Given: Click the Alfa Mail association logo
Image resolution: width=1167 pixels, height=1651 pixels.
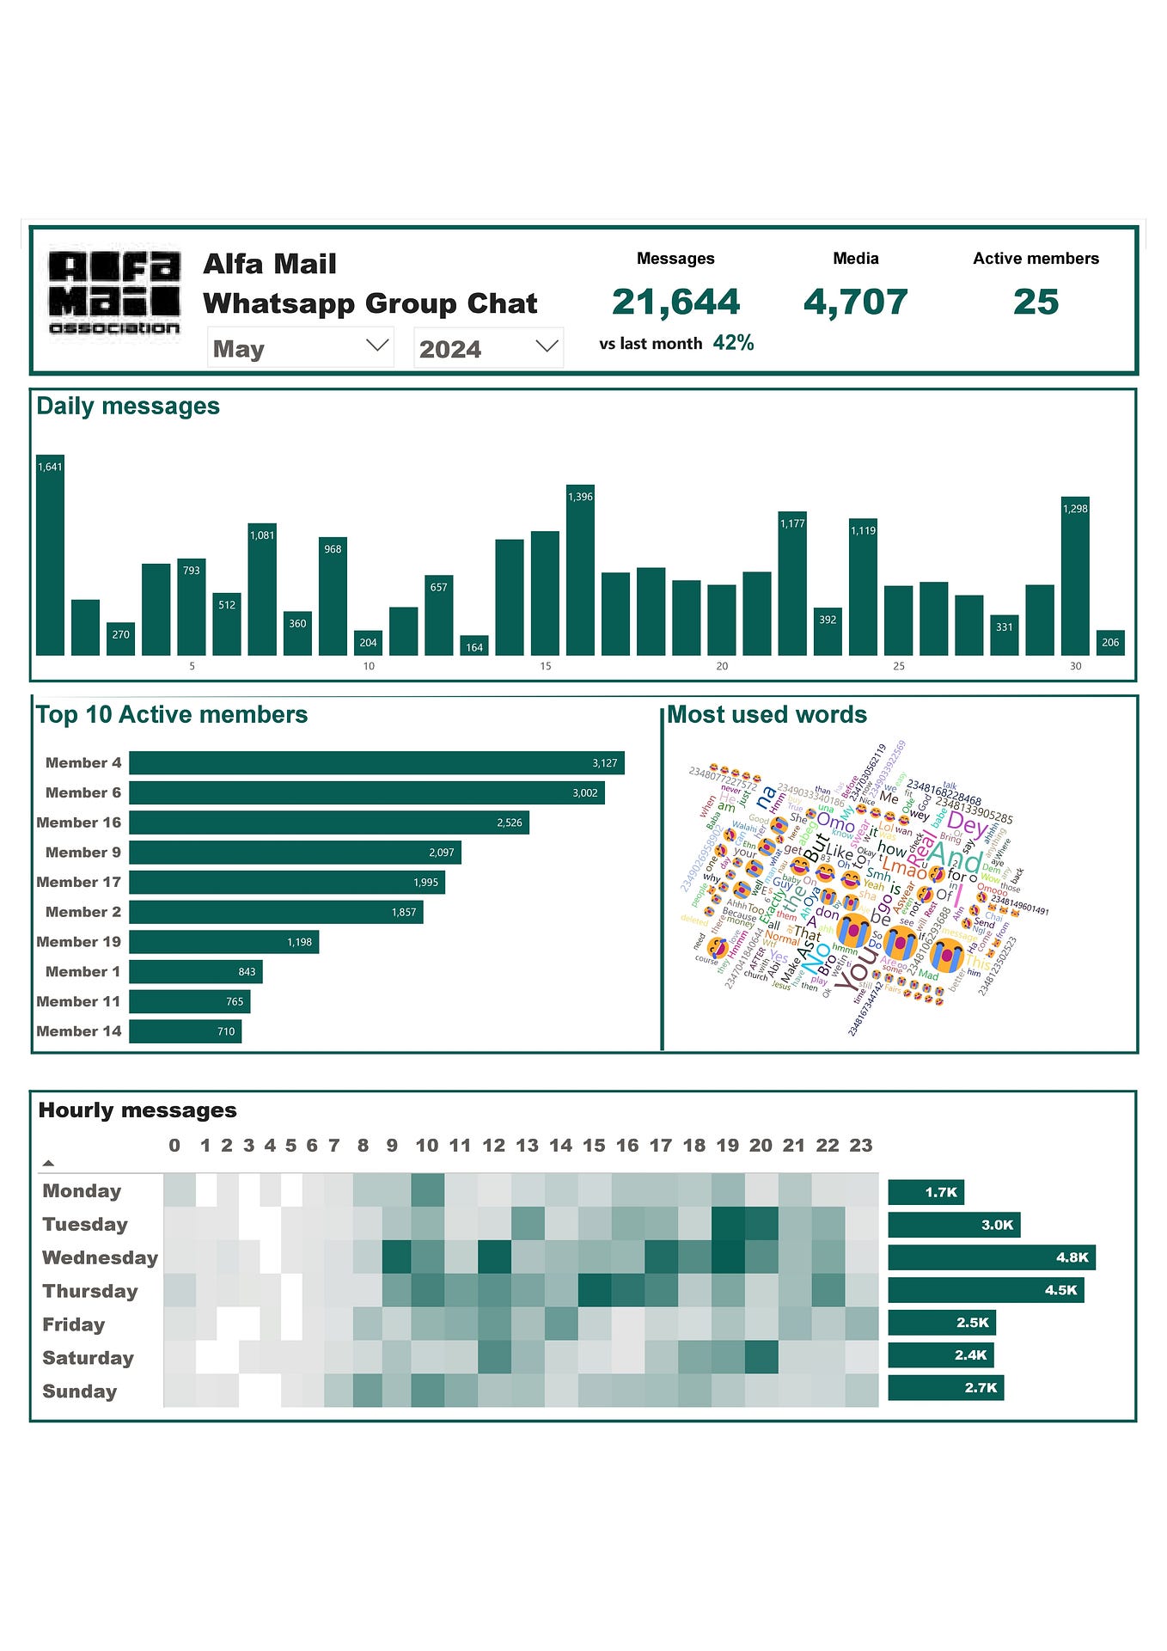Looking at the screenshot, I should [x=114, y=293].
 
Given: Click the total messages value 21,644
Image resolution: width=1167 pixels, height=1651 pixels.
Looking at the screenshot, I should [x=675, y=302].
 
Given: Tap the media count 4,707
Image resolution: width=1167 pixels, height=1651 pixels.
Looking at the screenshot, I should [x=855, y=302].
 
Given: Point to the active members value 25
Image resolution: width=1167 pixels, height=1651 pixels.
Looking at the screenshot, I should [x=1036, y=302].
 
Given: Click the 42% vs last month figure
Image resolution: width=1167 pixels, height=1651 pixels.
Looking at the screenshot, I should [x=733, y=343].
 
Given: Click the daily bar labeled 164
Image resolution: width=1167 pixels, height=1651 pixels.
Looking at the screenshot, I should [x=474, y=646].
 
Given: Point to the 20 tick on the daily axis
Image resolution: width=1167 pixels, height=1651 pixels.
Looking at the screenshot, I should [x=722, y=666].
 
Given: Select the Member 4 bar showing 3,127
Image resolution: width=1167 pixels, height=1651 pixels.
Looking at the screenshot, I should [x=376, y=763].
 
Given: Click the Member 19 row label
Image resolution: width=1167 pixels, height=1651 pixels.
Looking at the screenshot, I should [x=79, y=942].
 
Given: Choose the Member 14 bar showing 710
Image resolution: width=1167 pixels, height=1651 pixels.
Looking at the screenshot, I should [x=186, y=1031].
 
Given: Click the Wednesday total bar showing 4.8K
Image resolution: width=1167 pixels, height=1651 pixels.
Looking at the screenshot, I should [x=992, y=1257].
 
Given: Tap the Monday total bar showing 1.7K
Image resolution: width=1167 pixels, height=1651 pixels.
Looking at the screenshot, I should [x=926, y=1192].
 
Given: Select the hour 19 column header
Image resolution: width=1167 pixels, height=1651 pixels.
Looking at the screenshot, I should [x=727, y=1146].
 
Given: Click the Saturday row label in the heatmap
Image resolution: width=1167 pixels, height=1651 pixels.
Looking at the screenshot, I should [x=89, y=1358].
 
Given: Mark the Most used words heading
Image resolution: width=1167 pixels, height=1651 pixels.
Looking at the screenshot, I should [x=767, y=715].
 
